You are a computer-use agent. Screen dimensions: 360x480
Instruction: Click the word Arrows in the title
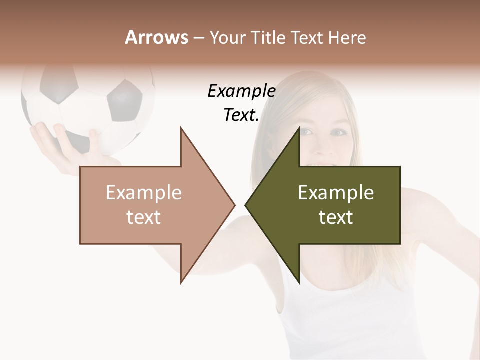click(157, 37)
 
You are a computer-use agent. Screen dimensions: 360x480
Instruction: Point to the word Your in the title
click(227, 37)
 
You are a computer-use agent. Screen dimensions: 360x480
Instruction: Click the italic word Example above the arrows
click(241, 91)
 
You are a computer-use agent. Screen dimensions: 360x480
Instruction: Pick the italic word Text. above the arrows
click(241, 115)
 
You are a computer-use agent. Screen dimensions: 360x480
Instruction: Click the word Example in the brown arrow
click(144, 192)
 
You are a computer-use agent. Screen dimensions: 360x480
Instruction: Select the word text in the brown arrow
click(144, 217)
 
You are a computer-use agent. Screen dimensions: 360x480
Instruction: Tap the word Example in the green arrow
click(336, 192)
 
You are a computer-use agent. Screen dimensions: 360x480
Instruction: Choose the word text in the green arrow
click(336, 217)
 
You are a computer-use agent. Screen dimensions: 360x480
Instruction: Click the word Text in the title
click(307, 37)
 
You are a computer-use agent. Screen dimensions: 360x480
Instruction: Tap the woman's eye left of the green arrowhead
click(306, 132)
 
